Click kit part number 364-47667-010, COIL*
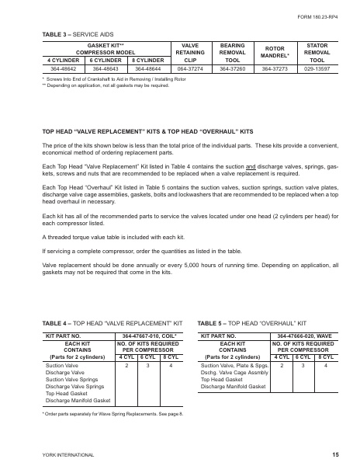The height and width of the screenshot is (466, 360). (151, 335)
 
